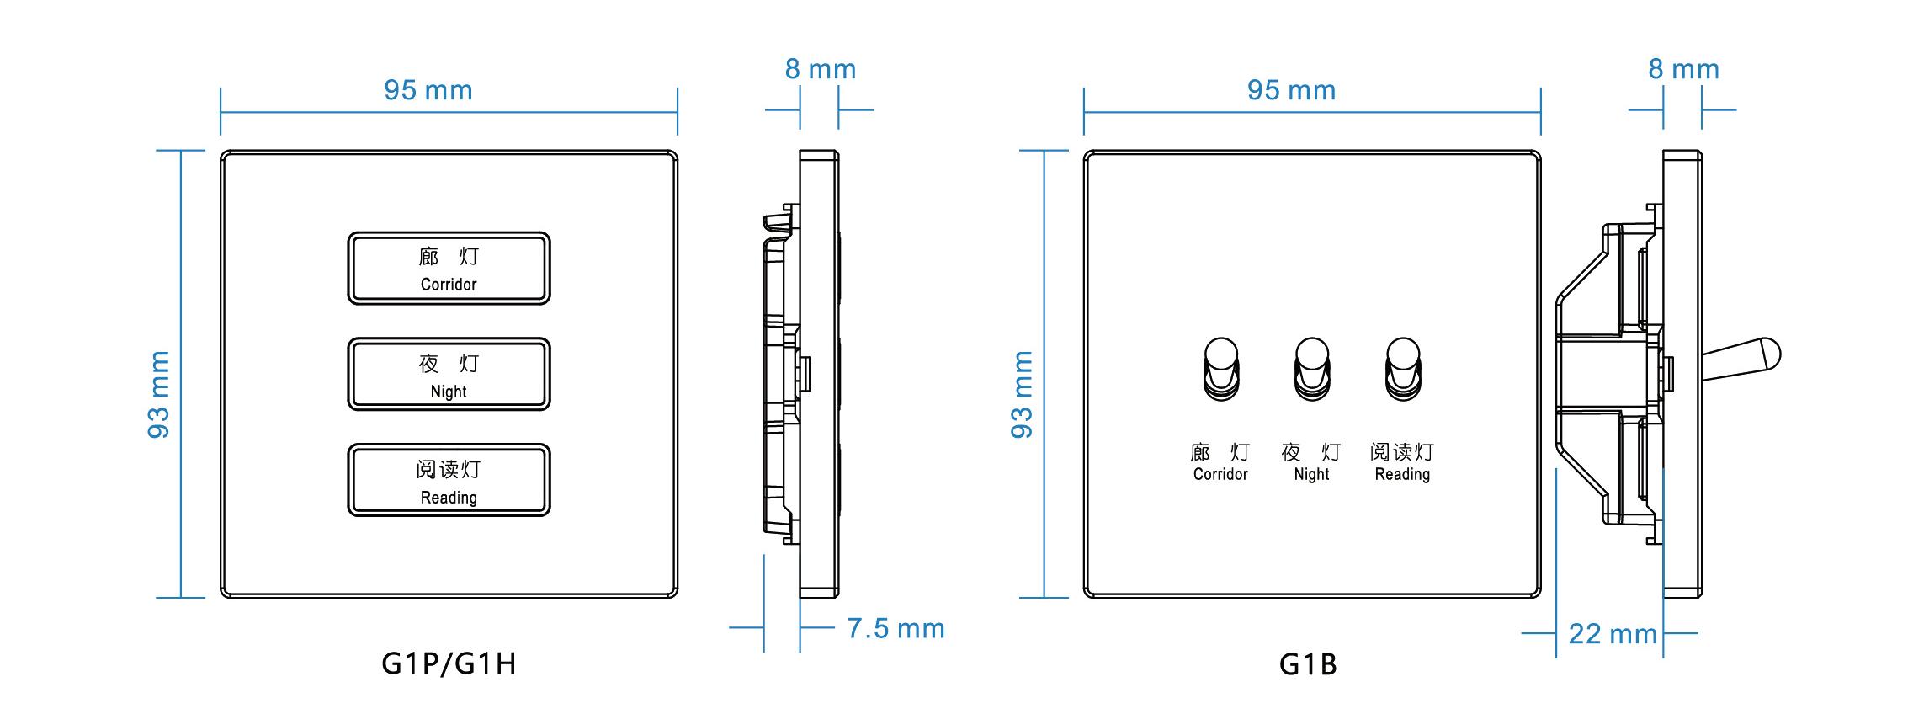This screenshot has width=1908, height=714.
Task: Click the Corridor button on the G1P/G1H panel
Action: [x=449, y=268]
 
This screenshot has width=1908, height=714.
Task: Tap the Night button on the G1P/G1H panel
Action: [x=449, y=374]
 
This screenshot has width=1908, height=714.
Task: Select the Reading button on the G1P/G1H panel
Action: [x=449, y=480]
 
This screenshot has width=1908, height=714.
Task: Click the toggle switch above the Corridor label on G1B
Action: [x=1221, y=369]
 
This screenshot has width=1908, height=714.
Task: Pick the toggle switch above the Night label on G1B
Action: [x=1312, y=369]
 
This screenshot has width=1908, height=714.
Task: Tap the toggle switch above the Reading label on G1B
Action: [x=1402, y=369]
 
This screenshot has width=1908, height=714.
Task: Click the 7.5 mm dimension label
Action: [x=896, y=628]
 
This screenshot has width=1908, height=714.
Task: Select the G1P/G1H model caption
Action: [x=449, y=663]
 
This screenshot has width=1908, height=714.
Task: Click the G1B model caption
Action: [x=1308, y=664]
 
